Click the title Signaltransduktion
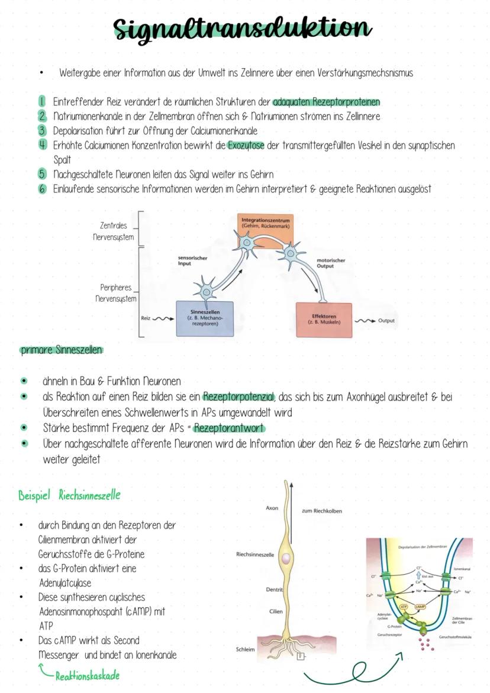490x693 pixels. click(243, 28)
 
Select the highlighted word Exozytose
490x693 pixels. click(246, 146)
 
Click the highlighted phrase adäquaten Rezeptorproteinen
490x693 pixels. click(327, 102)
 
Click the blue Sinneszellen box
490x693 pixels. click(205, 318)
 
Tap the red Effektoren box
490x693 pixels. click(324, 320)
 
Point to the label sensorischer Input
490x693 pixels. click(192, 261)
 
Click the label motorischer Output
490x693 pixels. click(331, 263)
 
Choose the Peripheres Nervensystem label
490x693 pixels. click(115, 293)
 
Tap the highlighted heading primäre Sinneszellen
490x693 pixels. click(61, 350)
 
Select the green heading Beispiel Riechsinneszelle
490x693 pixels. click(69, 495)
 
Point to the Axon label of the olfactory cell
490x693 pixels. click(272, 508)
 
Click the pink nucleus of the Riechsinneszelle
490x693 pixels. click(286, 559)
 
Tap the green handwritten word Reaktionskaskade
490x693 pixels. click(87, 675)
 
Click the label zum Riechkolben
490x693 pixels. click(321, 511)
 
